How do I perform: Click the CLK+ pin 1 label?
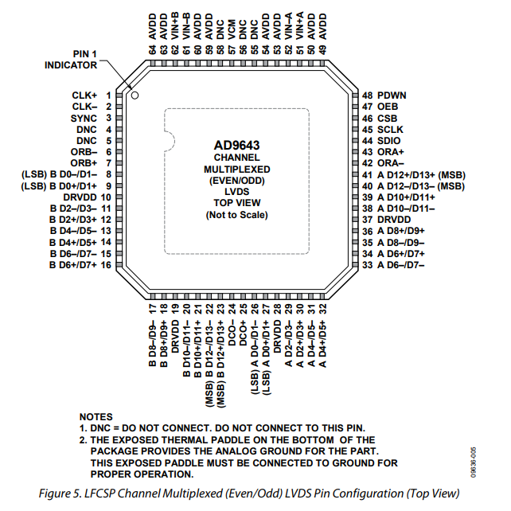click(84, 95)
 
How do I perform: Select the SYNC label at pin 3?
click(84, 117)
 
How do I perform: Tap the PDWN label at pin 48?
click(392, 95)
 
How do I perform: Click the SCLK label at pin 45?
click(390, 128)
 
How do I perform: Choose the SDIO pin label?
click(389, 139)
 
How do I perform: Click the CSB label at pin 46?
click(387, 117)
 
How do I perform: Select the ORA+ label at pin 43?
click(390, 150)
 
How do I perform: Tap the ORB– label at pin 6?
click(84, 150)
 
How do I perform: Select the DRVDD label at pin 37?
click(394, 218)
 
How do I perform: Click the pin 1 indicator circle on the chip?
click(135, 96)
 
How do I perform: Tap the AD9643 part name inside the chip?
click(236, 146)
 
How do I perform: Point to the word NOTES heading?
click(96, 417)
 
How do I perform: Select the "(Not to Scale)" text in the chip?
click(236, 215)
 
